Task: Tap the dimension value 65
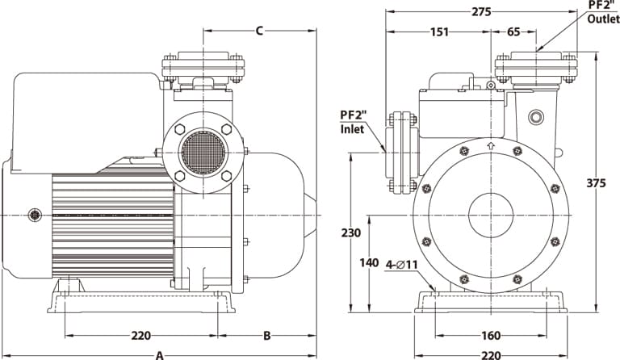tap(513, 32)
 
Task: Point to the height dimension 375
tap(596, 183)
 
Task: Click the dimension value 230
tap(350, 232)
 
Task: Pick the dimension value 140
tap(369, 262)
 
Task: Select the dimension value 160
tap(490, 336)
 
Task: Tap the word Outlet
tap(603, 19)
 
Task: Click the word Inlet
tap(352, 128)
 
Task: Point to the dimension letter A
tap(160, 354)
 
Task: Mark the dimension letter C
tap(259, 31)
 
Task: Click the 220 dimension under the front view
tap(490, 354)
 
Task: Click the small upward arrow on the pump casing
tap(491, 147)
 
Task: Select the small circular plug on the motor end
tap(35, 215)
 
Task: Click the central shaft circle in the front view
tap(491, 215)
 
